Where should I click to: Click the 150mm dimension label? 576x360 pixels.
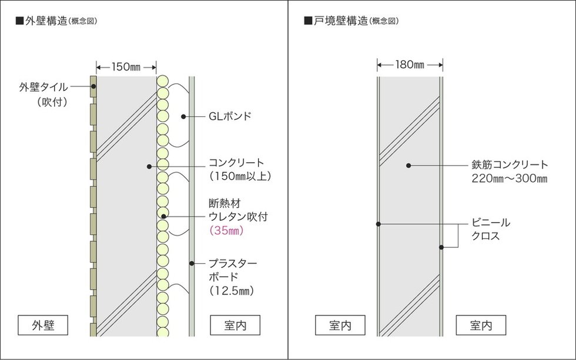coord(126,67)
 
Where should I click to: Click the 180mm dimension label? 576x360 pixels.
coord(410,65)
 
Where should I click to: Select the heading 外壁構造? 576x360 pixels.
coord(46,21)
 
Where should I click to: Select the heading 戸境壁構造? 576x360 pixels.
coord(340,21)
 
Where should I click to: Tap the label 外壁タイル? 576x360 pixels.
coord(43,87)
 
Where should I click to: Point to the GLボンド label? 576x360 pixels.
coord(230,116)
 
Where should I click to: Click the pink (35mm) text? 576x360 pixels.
coord(226,230)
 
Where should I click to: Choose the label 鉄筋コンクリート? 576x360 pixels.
coord(510,164)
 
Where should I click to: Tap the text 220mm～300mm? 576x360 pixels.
coord(510,179)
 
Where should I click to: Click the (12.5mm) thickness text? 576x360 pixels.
coord(232,291)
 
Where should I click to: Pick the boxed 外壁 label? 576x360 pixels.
coord(43,325)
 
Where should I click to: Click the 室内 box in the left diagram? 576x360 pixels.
coord(235,325)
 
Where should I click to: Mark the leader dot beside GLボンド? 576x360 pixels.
coord(183,117)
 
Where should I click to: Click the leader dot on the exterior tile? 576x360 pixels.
coord(93,86)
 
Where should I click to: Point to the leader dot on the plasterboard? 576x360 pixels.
coord(192,263)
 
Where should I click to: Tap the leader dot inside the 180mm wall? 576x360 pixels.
coord(408,166)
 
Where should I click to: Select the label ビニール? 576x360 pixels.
coord(491,223)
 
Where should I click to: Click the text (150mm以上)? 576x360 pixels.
coord(240,176)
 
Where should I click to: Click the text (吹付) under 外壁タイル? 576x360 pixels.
coord(52,102)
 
